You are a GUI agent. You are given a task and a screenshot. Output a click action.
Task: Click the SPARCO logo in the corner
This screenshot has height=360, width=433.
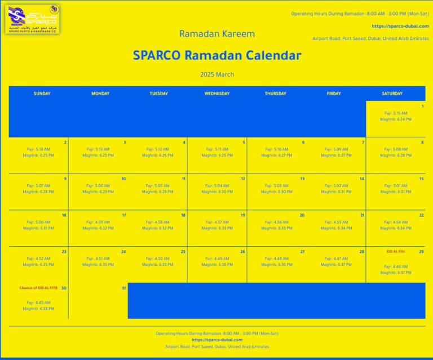click(32, 19)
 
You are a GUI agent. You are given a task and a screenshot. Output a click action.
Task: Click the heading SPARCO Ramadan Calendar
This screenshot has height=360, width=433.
click(217, 56)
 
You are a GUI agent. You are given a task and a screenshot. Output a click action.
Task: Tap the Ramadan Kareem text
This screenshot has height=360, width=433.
click(217, 34)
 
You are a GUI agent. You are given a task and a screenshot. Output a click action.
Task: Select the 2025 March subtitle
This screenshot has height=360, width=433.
click(217, 74)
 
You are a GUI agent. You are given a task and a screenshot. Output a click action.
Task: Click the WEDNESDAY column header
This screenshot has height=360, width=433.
click(217, 94)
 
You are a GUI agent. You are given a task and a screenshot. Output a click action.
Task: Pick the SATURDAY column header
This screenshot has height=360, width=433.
click(392, 94)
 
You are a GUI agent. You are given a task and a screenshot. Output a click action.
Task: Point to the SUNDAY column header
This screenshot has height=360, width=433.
click(42, 94)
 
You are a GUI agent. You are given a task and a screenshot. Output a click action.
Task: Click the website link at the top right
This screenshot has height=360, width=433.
click(400, 26)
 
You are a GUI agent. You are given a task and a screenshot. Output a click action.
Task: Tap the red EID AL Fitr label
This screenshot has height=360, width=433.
click(396, 251)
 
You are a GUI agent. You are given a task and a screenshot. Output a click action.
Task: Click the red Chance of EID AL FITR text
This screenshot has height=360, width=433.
click(39, 288)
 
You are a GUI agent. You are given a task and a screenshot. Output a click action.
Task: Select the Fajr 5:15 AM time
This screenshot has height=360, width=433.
click(396, 113)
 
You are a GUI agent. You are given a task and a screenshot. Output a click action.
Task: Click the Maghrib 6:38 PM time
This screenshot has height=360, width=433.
click(39, 309)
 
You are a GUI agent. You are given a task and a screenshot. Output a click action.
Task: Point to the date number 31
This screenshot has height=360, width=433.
click(123, 288)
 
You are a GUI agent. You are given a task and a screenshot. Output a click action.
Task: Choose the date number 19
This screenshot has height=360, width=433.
click(242, 215)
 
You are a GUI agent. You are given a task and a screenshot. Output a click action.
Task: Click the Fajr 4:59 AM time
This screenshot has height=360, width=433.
click(98, 222)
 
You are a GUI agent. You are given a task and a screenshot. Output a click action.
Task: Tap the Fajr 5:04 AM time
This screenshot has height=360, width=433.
click(217, 185)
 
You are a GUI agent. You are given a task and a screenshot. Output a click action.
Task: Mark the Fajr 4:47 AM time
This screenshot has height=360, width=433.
click(337, 258)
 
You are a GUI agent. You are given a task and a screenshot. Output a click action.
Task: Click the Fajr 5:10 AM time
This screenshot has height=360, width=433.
click(277, 149)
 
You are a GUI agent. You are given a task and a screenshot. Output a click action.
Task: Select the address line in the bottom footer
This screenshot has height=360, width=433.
click(217, 346)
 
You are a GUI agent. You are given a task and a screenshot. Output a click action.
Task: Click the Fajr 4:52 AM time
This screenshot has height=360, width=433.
click(39, 258)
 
